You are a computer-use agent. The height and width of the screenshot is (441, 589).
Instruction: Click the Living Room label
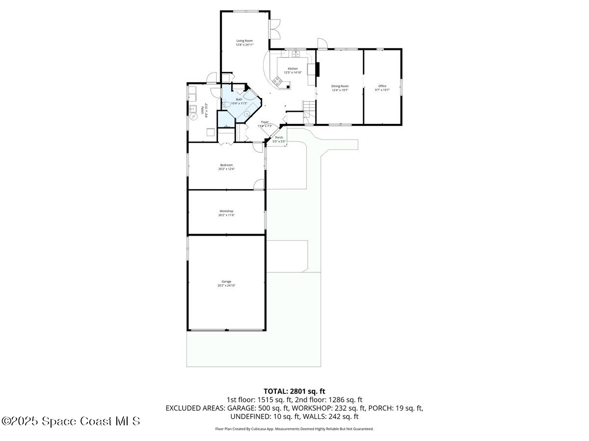pyautogui.click(x=244, y=41)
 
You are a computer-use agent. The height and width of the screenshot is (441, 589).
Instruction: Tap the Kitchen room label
pyautogui.click(x=293, y=69)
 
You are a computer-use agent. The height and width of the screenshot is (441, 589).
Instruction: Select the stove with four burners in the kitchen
pyautogui.click(x=278, y=81)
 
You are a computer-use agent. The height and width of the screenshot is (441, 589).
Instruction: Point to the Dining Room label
pyautogui.click(x=340, y=86)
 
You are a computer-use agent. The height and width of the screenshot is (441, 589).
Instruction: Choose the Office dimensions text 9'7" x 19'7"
pyautogui.click(x=382, y=90)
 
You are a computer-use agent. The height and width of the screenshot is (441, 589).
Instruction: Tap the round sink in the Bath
pyautogui.click(x=247, y=113)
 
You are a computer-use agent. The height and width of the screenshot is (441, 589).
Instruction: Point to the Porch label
pyautogui.click(x=279, y=138)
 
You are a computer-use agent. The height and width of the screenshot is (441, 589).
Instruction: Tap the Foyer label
pyautogui.click(x=265, y=122)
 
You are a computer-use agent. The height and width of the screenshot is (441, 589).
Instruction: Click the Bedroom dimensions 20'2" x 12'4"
pyautogui.click(x=226, y=169)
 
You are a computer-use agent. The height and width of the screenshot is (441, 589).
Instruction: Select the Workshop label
pyautogui.click(x=226, y=211)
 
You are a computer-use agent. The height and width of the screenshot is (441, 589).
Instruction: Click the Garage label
pyautogui.click(x=226, y=282)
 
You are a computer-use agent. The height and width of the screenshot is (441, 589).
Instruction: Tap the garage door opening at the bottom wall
pyautogui.click(x=226, y=330)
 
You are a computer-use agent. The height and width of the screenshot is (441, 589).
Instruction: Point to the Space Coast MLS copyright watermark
pyautogui.click(x=71, y=421)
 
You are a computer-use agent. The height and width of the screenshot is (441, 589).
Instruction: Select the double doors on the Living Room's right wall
pyautogui.click(x=274, y=29)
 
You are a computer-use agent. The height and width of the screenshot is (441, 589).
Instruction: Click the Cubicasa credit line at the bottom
pyautogui.click(x=294, y=429)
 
